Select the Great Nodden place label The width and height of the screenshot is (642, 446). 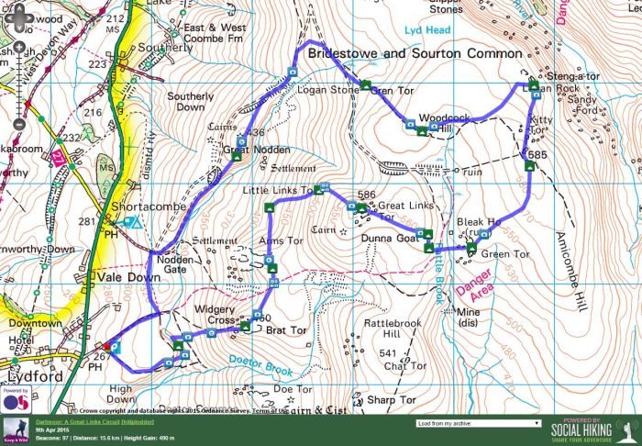[257, 150]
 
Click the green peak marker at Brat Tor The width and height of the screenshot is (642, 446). [245, 325]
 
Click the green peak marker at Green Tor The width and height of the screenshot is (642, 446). [471, 248]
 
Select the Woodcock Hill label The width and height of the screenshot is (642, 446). [437, 124]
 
